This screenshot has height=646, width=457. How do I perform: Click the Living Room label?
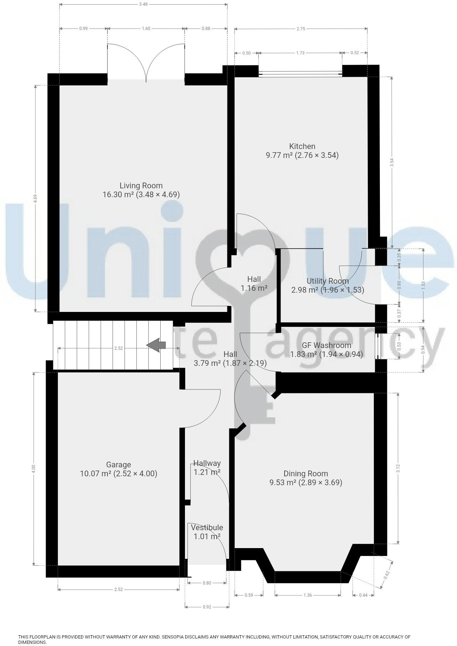click(x=141, y=186)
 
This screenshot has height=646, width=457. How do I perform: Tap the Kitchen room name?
click(x=302, y=146)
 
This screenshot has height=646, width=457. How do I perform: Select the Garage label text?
click(x=119, y=464)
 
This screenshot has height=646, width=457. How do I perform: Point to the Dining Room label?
click(x=306, y=473)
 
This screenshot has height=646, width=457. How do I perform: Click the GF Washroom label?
click(x=326, y=345)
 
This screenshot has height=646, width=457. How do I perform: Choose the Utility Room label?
click(x=327, y=281)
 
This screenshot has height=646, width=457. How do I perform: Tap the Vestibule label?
click(x=207, y=527)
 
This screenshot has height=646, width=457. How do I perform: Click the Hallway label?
click(x=207, y=463)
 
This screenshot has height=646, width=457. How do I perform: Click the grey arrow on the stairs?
click(x=156, y=345)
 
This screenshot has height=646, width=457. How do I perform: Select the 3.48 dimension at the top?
click(x=143, y=4)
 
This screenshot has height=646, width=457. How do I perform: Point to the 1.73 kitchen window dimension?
click(x=300, y=53)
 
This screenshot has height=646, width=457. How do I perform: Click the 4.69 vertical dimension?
click(x=35, y=198)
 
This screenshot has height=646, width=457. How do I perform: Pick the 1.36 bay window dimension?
click(x=307, y=595)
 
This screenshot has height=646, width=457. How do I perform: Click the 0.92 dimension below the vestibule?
click(x=207, y=606)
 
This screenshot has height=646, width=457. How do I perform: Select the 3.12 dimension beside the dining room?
click(x=398, y=468)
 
